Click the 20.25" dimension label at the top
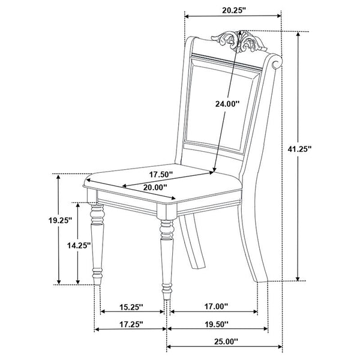(234, 10)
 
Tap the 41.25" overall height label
(299, 149)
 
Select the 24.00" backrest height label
(227, 104)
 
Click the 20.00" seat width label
(155, 187)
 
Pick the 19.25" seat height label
(60, 221)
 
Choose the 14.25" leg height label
(79, 245)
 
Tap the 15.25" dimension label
(131, 307)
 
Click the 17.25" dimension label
(131, 324)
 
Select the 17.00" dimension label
(216, 306)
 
